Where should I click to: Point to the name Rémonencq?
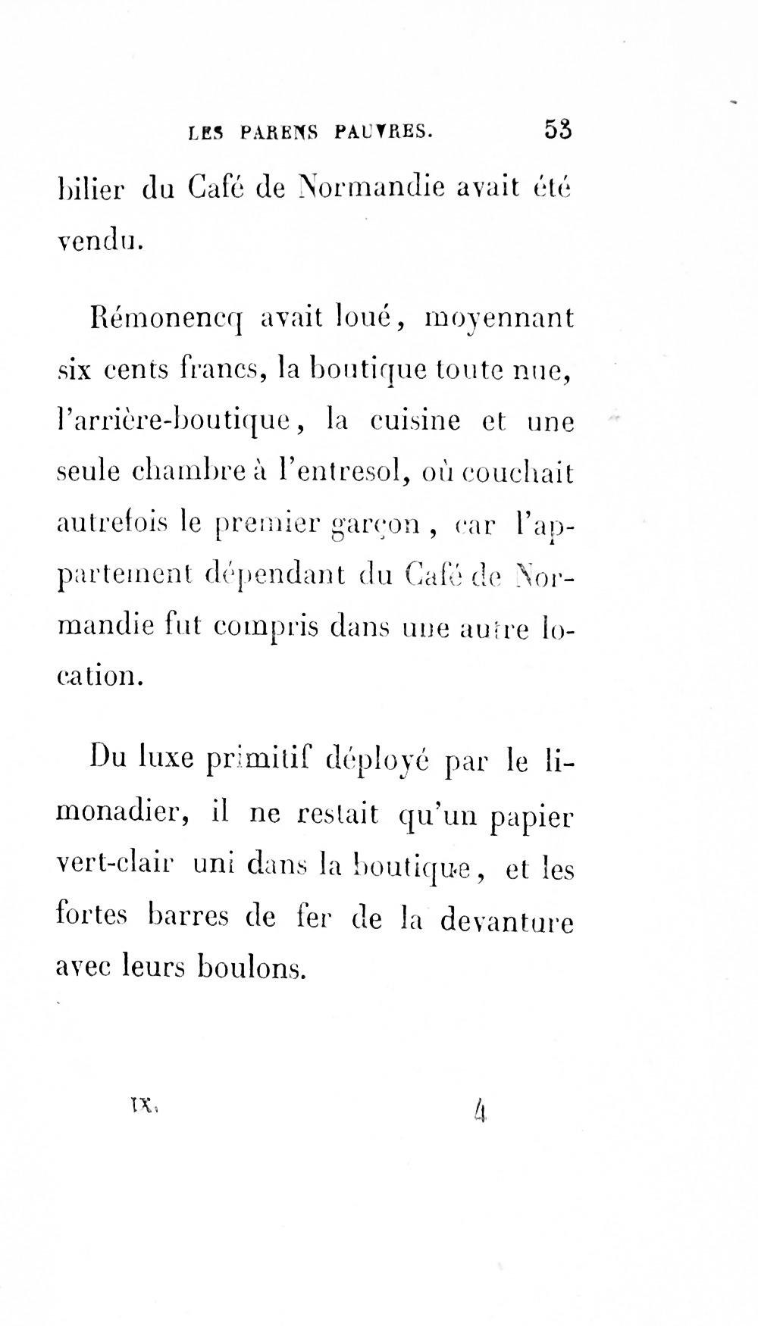(x=164, y=317)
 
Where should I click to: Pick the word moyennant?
(x=500, y=317)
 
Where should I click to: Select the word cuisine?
(x=415, y=420)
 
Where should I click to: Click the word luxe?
(x=167, y=758)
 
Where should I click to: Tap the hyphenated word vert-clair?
(x=116, y=866)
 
